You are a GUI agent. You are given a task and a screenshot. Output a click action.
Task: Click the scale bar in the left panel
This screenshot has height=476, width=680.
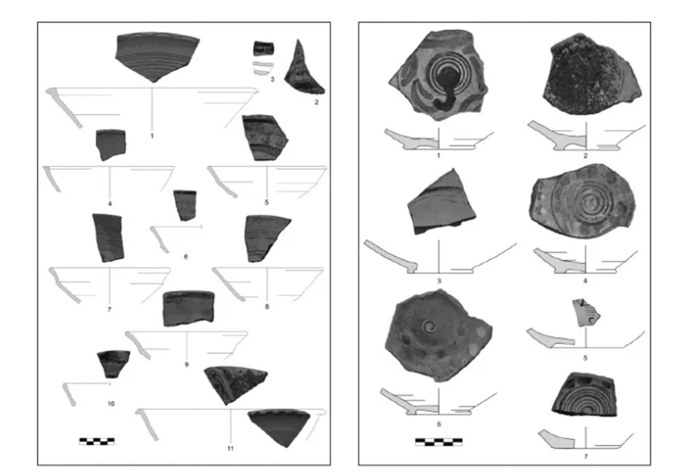point(97,441)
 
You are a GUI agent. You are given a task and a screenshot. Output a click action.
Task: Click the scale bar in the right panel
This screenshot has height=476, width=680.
point(439,442)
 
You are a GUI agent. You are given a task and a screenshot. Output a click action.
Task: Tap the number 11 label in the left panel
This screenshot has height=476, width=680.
point(231,448)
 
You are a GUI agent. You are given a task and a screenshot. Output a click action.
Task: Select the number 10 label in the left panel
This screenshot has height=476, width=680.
point(111,404)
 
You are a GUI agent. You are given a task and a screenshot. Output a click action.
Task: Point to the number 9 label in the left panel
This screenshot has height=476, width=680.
point(187,364)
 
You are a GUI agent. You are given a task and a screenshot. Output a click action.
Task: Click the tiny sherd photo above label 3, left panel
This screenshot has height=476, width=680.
point(263,48)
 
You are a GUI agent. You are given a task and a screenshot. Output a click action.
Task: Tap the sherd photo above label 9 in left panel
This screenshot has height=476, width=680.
point(188,308)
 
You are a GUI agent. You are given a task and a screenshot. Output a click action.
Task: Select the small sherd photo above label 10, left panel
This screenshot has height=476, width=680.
point(113,364)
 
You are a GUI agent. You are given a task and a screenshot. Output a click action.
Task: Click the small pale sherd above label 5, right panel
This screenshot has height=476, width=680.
point(586,312)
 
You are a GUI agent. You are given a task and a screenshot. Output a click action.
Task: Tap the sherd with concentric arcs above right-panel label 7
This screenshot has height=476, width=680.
point(585,394)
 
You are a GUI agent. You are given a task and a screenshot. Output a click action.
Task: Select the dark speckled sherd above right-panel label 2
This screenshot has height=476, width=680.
point(592,74)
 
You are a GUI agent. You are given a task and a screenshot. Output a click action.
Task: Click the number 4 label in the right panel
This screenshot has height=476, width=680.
point(585,281)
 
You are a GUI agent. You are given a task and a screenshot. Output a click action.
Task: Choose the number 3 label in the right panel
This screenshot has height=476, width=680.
point(439,281)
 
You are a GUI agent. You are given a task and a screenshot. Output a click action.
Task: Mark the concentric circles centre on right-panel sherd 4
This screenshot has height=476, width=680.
point(589,201)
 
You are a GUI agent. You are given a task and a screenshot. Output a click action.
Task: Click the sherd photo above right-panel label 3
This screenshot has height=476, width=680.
point(441,202)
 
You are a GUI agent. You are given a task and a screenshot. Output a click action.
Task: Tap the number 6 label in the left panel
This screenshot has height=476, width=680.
point(186,256)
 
